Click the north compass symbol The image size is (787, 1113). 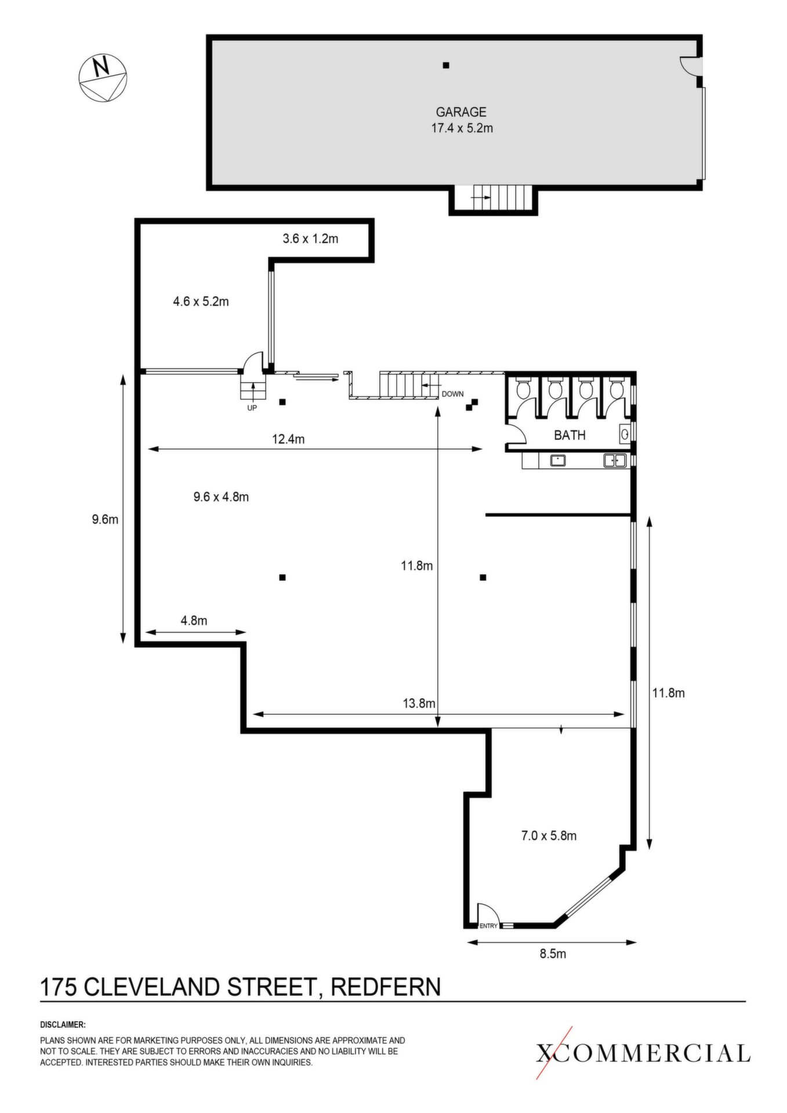coord(103,78)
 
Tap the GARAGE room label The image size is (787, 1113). coord(461,112)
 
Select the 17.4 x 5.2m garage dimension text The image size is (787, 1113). coord(462,128)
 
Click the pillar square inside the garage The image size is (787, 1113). coord(446,66)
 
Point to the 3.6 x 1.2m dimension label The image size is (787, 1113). coord(310,238)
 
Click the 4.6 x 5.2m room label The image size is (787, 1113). coord(201,301)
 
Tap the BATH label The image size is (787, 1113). coord(570,435)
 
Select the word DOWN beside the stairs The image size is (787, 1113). coord(452,394)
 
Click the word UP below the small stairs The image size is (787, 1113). coord(252,408)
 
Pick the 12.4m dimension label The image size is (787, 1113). coord(288,439)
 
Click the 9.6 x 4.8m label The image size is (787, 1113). coord(221,497)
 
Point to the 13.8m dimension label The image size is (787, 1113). coord(419,704)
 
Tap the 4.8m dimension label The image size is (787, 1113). coord(194,621)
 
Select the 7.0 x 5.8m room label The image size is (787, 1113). coord(549,836)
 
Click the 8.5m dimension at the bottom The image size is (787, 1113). coord(553,954)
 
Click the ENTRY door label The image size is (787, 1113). coord(488,926)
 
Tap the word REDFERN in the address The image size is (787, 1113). coord(386,987)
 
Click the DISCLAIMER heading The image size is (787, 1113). coord(63,1025)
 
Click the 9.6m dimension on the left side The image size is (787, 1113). coord(105,519)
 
